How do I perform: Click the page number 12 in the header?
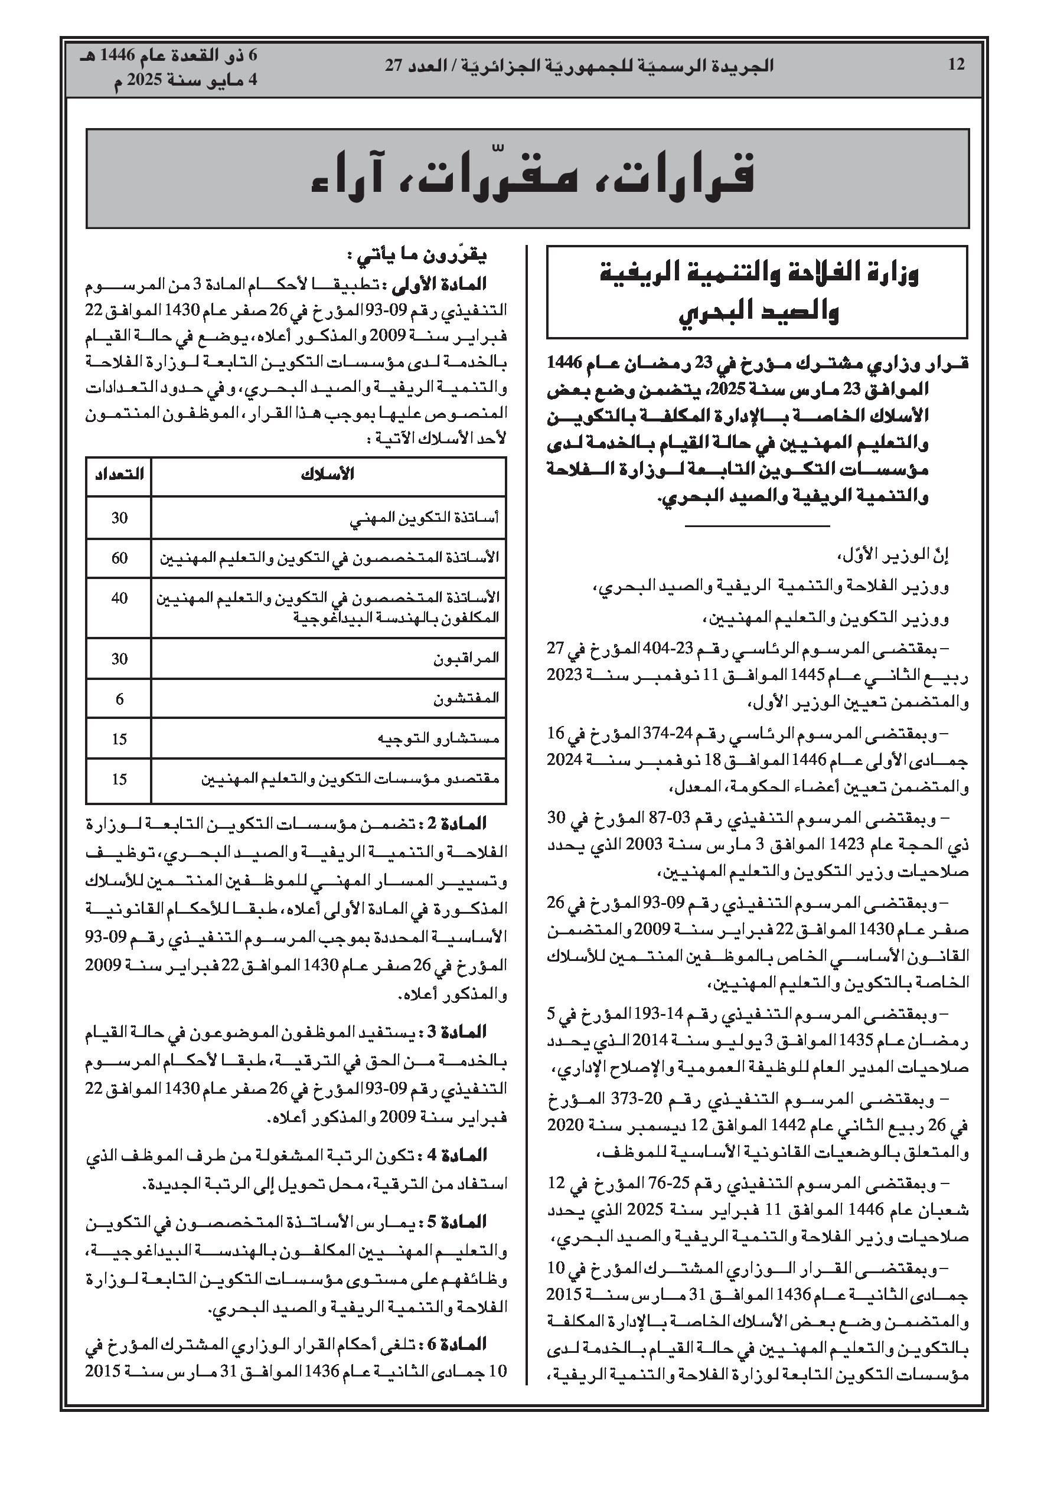click(x=956, y=65)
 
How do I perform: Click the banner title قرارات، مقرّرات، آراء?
click(x=532, y=177)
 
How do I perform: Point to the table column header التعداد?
click(x=119, y=474)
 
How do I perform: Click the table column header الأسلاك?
click(x=328, y=474)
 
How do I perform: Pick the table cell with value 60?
click(x=119, y=558)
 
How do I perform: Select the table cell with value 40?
click(x=119, y=598)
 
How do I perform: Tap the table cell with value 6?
click(x=119, y=699)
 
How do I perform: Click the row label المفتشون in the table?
click(x=466, y=699)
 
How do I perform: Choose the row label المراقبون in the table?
click(x=466, y=659)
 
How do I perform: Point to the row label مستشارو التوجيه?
click(x=438, y=739)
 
